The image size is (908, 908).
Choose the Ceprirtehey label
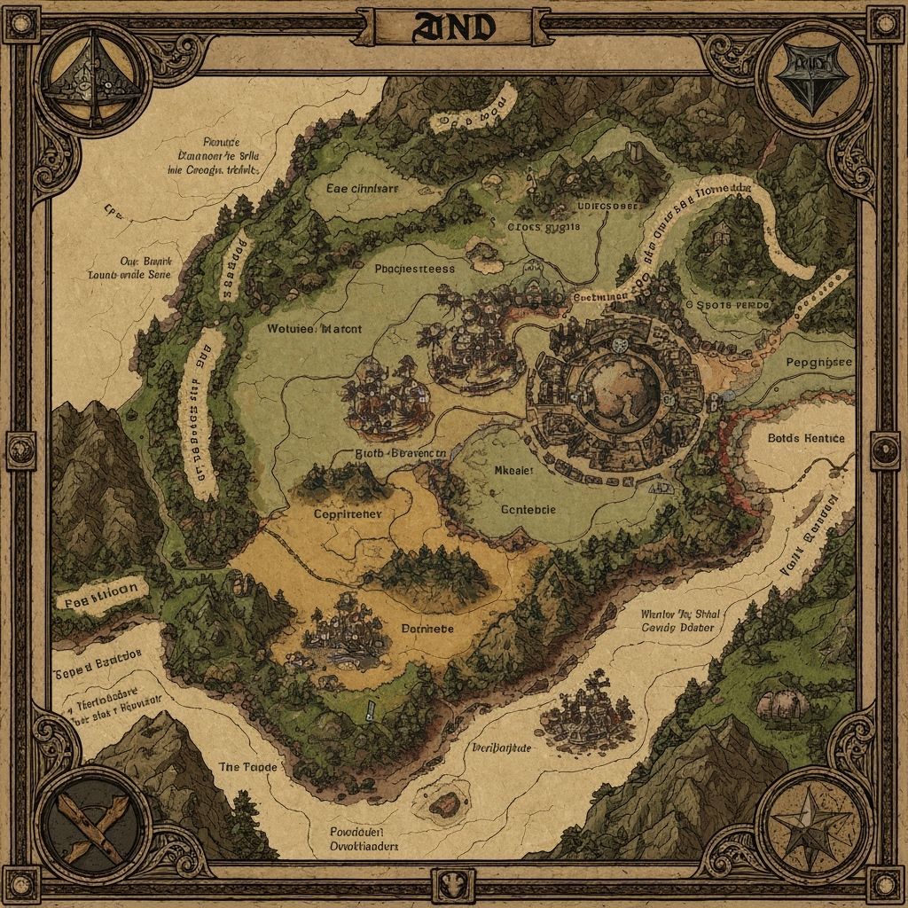(348, 513)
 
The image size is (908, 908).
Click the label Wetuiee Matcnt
(314, 328)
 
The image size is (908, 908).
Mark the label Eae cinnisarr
(363, 188)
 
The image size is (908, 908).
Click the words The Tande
(247, 765)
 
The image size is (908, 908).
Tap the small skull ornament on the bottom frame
(451, 882)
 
